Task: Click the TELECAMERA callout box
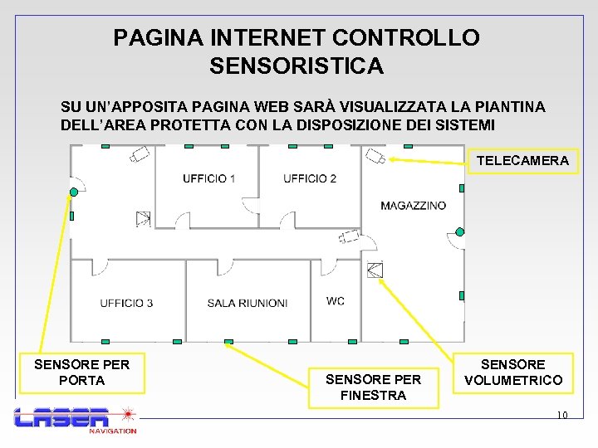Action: [x=522, y=161]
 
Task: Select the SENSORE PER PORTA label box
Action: [x=81, y=372]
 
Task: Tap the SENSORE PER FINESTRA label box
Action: [x=373, y=387]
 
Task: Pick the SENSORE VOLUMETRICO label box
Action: [x=512, y=372]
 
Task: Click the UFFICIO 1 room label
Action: [x=208, y=178]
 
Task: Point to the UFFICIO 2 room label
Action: [x=310, y=178]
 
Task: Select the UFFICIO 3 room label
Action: [x=126, y=303]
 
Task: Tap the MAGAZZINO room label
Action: [x=413, y=205]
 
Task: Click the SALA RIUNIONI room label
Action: [x=248, y=303]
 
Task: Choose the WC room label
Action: [x=336, y=301]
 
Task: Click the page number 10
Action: [x=561, y=415]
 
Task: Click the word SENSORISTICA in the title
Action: [x=297, y=66]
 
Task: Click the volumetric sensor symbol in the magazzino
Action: [x=375, y=269]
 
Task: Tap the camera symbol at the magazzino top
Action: [x=377, y=155]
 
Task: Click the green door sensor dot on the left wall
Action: [x=75, y=192]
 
